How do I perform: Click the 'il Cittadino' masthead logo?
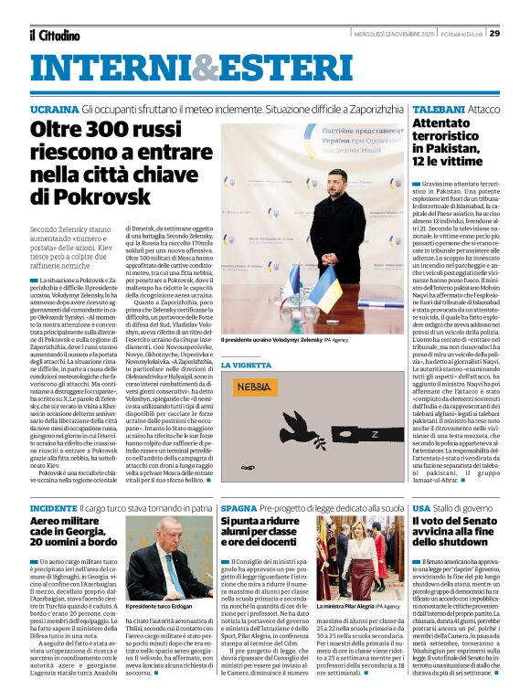pos(54,36)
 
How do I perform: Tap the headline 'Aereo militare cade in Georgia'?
pos(76,526)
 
